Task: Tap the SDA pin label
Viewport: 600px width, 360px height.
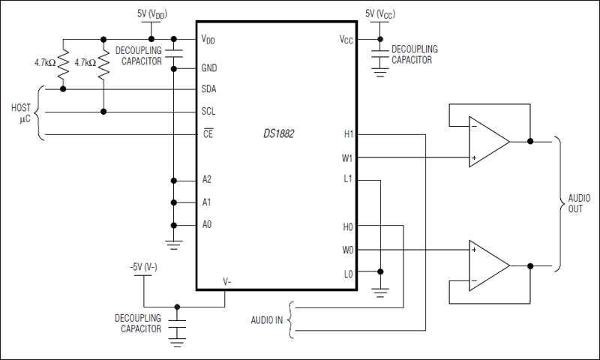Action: tap(211, 89)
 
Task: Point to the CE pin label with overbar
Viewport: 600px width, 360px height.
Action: tap(208, 135)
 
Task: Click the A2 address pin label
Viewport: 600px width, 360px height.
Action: tap(207, 180)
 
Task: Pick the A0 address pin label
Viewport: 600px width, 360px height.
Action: tap(207, 225)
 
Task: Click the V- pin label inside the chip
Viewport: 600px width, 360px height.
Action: tap(226, 281)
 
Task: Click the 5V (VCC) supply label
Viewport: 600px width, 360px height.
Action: tap(381, 14)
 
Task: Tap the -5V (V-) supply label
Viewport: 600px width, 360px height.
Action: tap(142, 266)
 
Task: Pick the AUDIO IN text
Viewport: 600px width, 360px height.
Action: tap(266, 319)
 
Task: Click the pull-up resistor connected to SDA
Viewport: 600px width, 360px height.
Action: tap(63, 64)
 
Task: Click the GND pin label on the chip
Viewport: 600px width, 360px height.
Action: tap(210, 67)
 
